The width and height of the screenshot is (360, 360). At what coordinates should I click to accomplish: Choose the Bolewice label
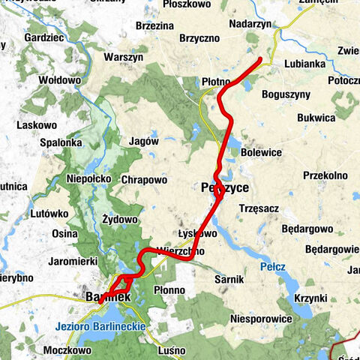(262, 152)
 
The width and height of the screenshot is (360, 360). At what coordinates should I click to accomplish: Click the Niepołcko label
(89, 179)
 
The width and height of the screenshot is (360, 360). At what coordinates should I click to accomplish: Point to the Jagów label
(143, 140)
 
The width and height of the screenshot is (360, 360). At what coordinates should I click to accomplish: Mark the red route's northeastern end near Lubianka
(260, 59)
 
